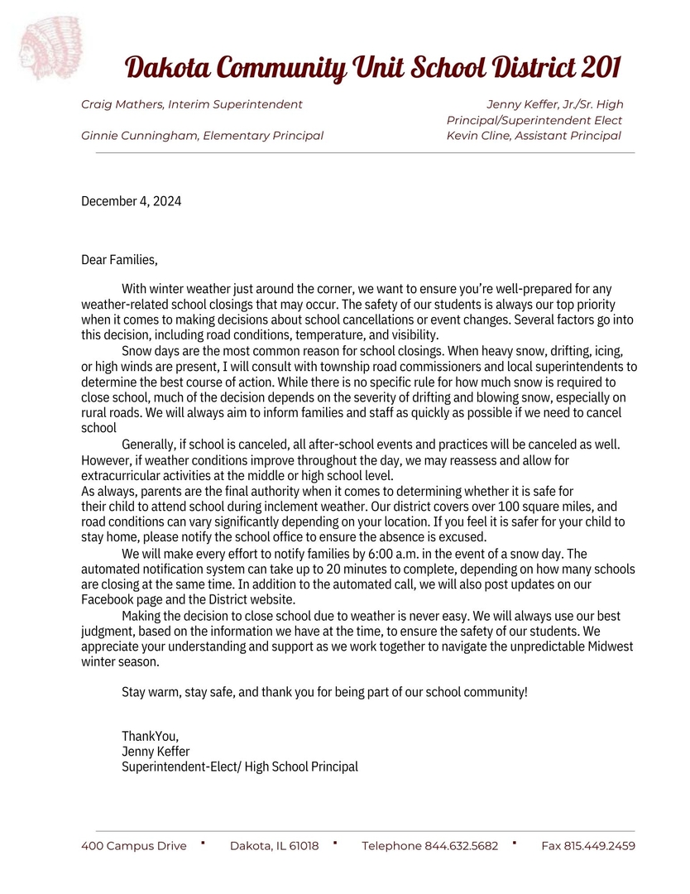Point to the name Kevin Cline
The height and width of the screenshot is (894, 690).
click(x=477, y=136)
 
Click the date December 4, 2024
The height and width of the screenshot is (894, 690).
click(x=131, y=201)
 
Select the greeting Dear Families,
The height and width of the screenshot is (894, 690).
click(x=119, y=260)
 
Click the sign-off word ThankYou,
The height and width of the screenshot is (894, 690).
click(x=150, y=736)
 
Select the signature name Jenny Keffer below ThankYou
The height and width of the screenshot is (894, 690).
click(x=156, y=751)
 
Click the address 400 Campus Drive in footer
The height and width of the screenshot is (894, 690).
click(x=133, y=846)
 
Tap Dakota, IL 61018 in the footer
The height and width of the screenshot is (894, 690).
click(x=274, y=846)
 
